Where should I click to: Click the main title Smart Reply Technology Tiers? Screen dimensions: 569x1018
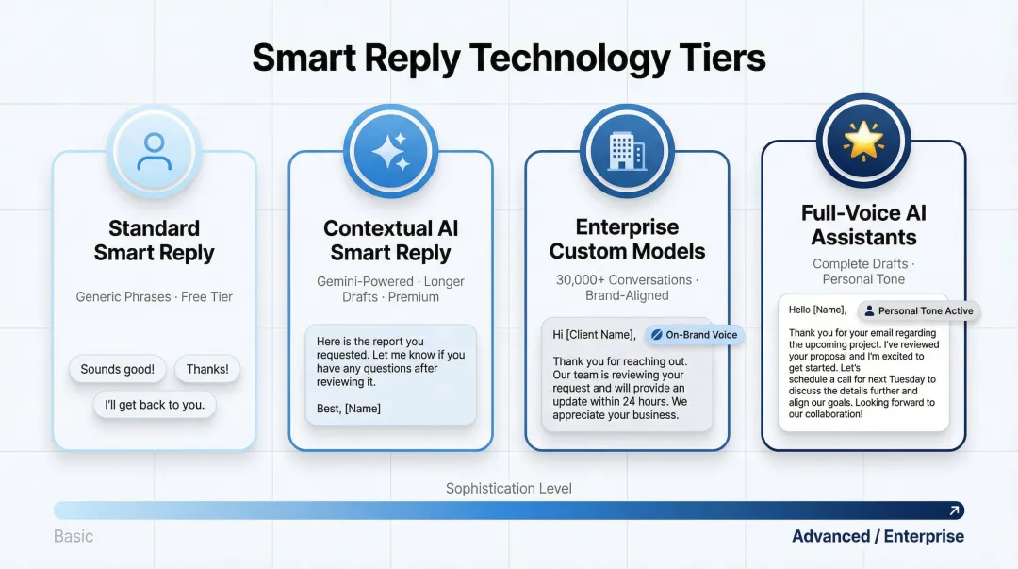(509, 59)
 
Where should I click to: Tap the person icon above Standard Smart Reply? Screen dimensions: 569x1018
(154, 151)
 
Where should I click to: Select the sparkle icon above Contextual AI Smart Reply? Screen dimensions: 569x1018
(390, 151)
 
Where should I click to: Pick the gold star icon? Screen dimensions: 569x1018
(862, 141)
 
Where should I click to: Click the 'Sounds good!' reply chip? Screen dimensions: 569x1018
(117, 369)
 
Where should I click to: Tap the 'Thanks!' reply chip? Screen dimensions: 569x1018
(207, 369)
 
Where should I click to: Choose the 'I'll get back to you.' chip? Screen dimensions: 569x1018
(155, 405)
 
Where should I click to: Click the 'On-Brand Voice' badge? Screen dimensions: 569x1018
(694, 335)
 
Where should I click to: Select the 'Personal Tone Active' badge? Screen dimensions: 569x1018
(918, 310)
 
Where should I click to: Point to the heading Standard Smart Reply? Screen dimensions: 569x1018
(154, 241)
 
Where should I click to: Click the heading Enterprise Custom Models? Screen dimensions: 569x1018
(627, 239)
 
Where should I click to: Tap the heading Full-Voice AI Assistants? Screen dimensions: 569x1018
(863, 225)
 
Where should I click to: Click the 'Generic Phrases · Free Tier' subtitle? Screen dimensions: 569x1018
(154, 296)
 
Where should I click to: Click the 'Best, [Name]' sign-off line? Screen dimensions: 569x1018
(349, 409)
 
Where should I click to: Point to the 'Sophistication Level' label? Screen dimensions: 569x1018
(508, 488)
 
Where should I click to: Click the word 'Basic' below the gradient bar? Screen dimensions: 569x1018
(74, 536)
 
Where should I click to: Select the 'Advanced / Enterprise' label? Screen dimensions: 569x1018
(877, 536)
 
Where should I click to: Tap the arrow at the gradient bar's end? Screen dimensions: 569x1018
(954, 510)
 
